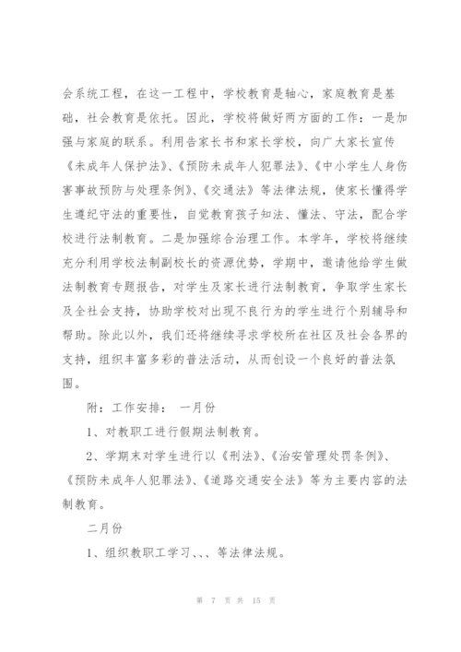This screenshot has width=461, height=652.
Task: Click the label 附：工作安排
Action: (125, 404)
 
